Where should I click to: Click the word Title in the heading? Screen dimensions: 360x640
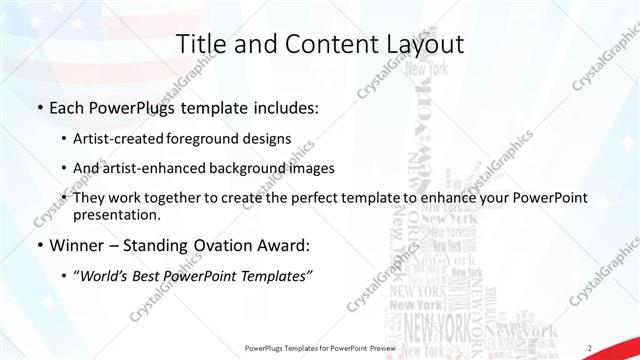(x=199, y=44)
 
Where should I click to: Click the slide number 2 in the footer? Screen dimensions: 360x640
(x=589, y=347)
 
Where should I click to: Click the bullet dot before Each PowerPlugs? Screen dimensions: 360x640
(x=38, y=107)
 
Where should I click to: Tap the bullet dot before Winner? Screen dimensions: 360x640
(x=38, y=244)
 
